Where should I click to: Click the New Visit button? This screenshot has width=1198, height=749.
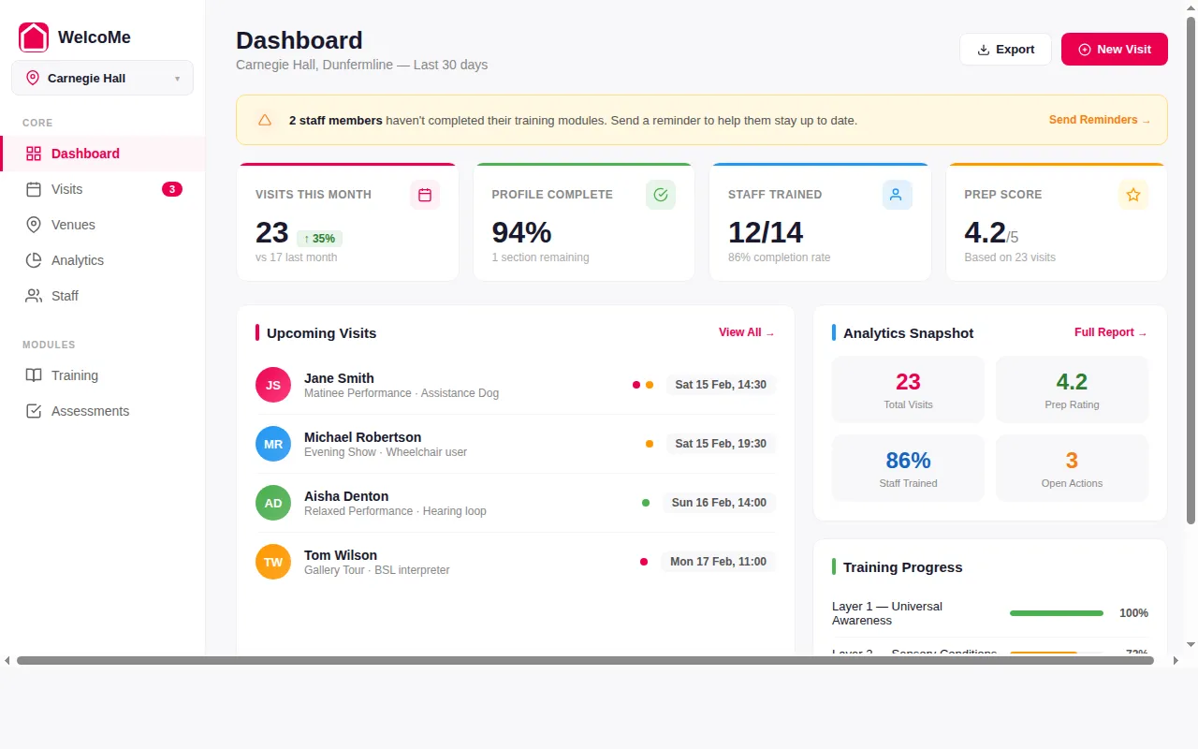1114,50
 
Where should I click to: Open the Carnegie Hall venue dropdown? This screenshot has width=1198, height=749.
102,79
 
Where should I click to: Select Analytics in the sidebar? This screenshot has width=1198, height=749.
77,260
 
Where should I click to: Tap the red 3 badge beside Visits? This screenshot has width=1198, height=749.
172,189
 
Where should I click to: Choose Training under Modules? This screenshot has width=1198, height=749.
74,375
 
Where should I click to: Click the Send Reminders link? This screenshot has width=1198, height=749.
1099,120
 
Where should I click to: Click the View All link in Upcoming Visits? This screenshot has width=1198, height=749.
746,332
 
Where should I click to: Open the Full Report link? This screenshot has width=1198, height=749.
1110,332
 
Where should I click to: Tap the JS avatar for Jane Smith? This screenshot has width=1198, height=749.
273,385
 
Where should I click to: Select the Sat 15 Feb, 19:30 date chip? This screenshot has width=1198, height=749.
721,444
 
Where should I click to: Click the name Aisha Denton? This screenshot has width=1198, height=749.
346,496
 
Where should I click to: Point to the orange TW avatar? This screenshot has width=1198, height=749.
273,562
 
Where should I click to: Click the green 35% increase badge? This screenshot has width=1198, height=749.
319,239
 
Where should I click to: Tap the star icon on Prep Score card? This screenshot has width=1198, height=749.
1132,195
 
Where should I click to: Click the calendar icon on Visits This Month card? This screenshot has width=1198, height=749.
425,195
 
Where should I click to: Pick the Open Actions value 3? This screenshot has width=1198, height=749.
1072,461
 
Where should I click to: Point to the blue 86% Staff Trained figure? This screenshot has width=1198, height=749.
908,461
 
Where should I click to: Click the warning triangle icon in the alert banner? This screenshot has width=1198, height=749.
265,120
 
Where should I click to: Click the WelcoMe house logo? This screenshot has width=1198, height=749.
34,37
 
